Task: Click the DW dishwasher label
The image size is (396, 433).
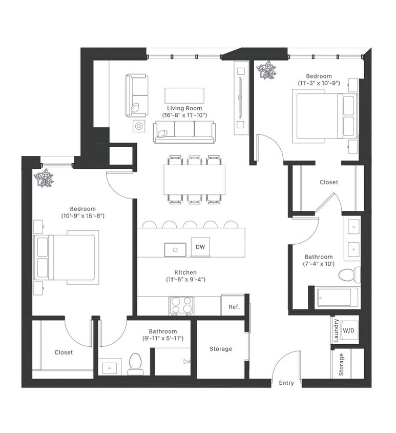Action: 200,247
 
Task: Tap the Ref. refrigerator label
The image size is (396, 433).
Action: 234,307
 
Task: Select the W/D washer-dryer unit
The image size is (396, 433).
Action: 348,330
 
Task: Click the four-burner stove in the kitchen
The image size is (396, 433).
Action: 181,306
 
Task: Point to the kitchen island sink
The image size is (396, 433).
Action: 175,250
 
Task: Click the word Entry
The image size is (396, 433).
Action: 286,383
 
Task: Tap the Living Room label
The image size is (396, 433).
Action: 184,108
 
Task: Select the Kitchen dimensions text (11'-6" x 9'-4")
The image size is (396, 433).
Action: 185,280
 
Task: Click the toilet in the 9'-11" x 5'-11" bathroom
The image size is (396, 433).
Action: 135,364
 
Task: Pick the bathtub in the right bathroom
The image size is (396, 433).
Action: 338,297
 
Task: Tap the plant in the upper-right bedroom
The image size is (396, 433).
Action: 266,70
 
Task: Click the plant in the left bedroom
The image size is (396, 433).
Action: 44,178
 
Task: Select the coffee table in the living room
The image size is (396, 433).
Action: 184,95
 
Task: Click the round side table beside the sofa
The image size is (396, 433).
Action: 139,126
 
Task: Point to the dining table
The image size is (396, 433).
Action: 195,180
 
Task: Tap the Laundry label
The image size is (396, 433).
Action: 336,330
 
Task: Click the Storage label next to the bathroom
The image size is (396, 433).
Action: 221,349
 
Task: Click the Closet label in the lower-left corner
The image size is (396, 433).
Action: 64,352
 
